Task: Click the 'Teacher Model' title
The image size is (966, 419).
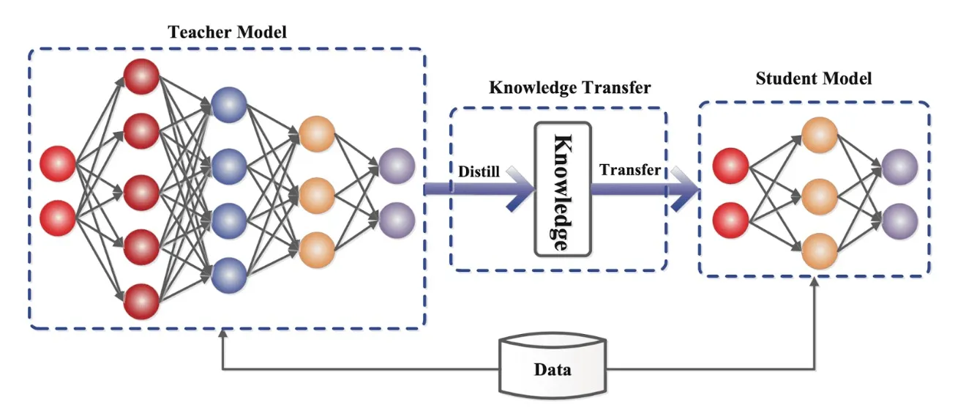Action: [228, 32]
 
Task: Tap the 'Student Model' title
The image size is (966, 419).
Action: [813, 78]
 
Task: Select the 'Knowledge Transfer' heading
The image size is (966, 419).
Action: [569, 89]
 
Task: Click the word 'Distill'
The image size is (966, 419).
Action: [479, 171]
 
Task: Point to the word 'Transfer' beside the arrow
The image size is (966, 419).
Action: [629, 170]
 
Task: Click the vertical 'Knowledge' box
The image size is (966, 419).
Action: [562, 189]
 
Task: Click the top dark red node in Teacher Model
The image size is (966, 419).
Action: [141, 76]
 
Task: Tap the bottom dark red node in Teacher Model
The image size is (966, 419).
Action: [141, 301]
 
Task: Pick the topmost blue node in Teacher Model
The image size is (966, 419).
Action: [229, 108]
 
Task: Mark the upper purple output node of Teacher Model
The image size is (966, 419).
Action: [397, 165]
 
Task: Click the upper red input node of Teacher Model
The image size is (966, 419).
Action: [58, 163]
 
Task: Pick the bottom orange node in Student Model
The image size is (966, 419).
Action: [819, 251]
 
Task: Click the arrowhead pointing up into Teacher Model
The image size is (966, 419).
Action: [222, 334]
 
